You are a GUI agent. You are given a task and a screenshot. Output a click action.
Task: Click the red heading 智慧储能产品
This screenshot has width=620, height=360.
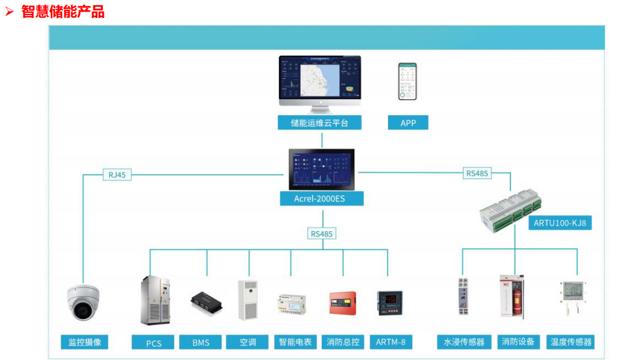63,12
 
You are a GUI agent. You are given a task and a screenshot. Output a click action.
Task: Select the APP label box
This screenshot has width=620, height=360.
408,122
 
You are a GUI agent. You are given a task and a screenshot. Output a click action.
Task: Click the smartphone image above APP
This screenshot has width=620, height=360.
407,81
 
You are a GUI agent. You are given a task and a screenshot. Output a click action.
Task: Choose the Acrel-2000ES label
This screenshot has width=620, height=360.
321,199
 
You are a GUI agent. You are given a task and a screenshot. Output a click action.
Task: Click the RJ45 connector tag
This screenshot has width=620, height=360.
117,174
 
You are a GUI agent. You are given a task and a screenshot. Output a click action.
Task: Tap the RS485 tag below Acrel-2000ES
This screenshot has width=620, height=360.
321,234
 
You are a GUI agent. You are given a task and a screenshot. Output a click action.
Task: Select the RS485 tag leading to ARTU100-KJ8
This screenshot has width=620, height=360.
477,173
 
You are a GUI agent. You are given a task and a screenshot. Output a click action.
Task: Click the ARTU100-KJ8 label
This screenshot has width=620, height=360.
559,223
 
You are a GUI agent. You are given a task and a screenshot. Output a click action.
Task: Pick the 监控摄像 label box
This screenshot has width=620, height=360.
85,342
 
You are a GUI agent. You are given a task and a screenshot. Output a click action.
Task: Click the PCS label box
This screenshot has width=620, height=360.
154,343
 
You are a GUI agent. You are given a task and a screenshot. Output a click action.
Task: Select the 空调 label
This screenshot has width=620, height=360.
248,342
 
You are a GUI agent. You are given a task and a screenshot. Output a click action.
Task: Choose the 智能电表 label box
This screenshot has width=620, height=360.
295,342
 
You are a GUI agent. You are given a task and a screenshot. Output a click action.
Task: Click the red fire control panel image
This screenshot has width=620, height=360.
342,303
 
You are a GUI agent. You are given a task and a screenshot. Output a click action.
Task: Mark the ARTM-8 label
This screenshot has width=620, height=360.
390,342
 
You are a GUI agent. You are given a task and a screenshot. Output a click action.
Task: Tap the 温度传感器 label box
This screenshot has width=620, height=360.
571,342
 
